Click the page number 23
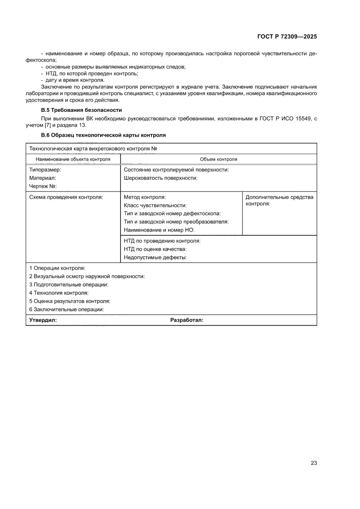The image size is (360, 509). pyautogui.click(x=313, y=463)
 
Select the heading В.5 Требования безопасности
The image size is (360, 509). pyautogui.click(x=81, y=110)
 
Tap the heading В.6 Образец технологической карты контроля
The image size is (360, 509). pyautogui.click(x=103, y=135)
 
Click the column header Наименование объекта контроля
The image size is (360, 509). pyautogui.click(x=73, y=159)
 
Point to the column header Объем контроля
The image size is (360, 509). pyautogui.click(x=218, y=159)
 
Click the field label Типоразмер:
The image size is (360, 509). pyautogui.click(x=45, y=170)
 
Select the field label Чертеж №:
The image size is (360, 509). pyautogui.click(x=44, y=186)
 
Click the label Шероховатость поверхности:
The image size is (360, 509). pyautogui.click(x=161, y=178)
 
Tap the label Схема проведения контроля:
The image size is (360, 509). pyautogui.click(x=66, y=197)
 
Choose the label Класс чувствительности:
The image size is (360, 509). pyautogui.click(x=155, y=206)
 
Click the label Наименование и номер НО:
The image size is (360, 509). pyautogui.click(x=159, y=230)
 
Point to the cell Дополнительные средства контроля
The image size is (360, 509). pyautogui.click(x=279, y=200)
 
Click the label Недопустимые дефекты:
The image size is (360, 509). pyautogui.click(x=155, y=257)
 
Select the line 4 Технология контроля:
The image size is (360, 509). pyautogui.click(x=59, y=293)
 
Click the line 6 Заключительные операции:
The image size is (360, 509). pyautogui.click(x=67, y=309)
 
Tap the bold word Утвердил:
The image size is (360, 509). pyautogui.click(x=43, y=320)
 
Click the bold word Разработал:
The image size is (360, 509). pyautogui.click(x=187, y=320)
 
